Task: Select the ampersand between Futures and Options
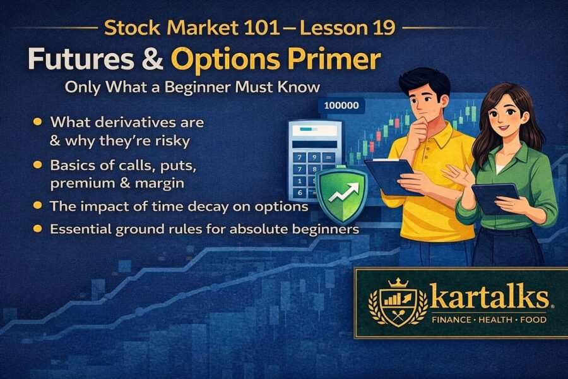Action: pos(151,59)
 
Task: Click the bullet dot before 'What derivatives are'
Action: pos(38,121)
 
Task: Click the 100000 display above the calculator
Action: pos(341,105)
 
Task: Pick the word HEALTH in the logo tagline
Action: pos(492,320)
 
